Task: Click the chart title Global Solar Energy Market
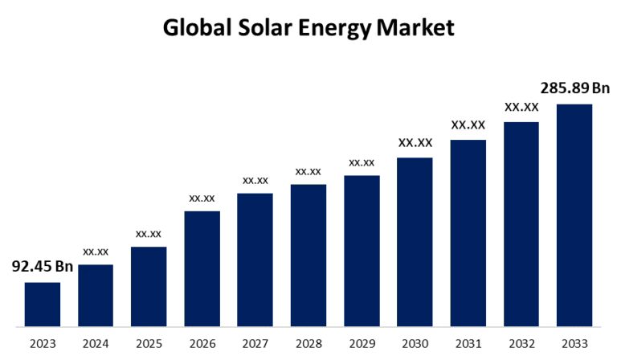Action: point(308,28)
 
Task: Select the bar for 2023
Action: point(42,305)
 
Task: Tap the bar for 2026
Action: point(202,269)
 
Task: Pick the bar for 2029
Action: point(362,252)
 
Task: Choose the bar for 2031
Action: point(468,233)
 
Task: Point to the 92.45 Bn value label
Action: point(42,267)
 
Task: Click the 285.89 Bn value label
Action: point(574,88)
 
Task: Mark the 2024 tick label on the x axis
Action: point(95,344)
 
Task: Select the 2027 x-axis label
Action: point(255,344)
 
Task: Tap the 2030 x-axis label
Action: point(415,344)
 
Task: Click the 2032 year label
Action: point(521,344)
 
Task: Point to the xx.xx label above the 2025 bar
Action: point(149,234)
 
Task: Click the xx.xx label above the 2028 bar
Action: point(308,171)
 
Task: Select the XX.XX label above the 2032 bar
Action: point(521,107)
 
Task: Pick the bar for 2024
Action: point(95,296)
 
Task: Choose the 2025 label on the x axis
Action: point(149,344)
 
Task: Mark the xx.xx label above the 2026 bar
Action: point(202,198)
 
